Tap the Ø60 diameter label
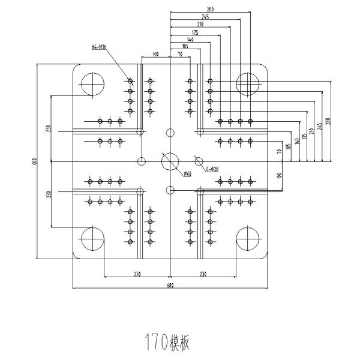coord(187,175)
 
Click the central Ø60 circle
coord(170,161)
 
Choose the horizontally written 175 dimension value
coord(195,32)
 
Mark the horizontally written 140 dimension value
coord(190,40)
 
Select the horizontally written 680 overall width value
coord(170,286)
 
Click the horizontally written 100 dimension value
coord(155,55)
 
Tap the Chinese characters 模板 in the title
coord(180,343)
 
